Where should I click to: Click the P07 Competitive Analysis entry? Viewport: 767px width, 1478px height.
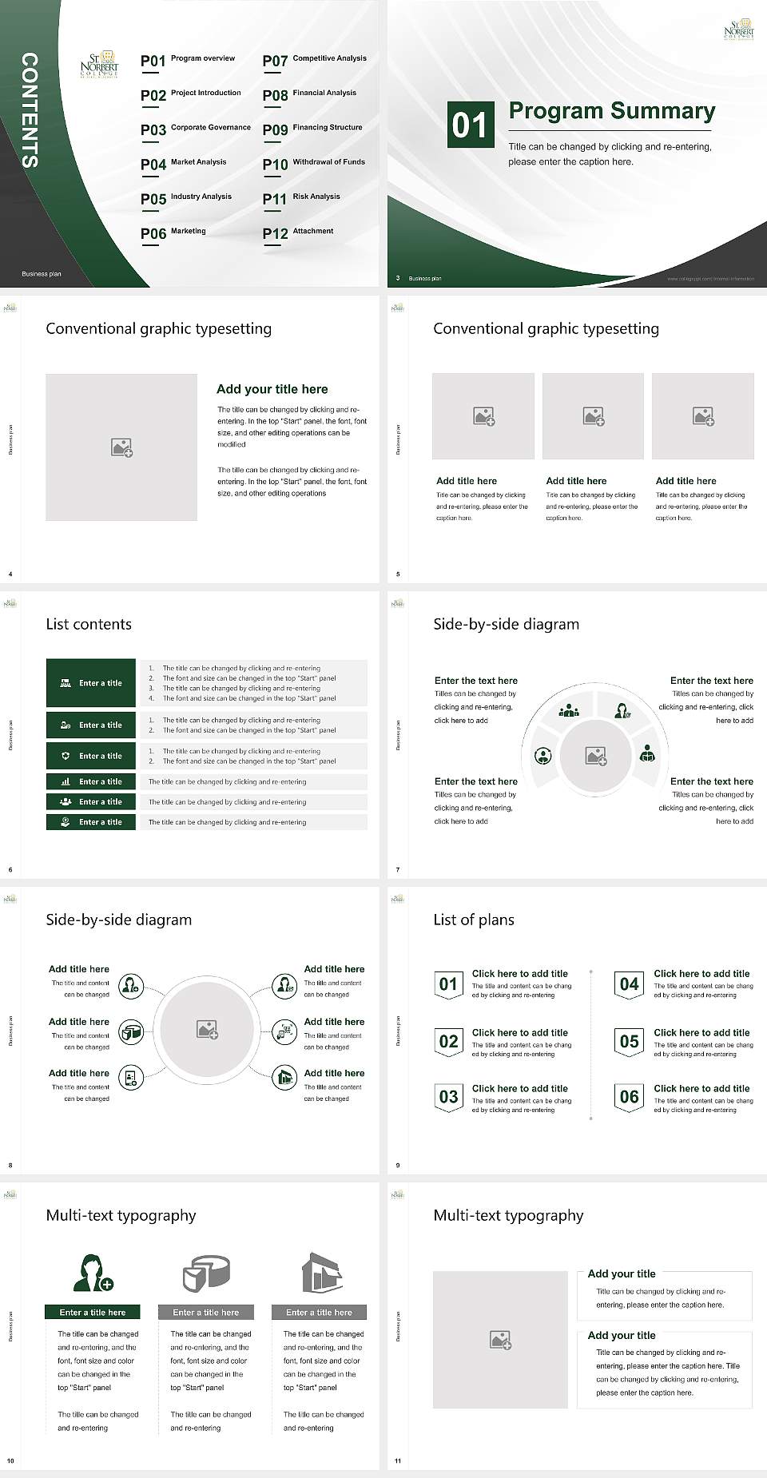(x=314, y=60)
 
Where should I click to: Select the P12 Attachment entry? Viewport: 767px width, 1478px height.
(x=298, y=232)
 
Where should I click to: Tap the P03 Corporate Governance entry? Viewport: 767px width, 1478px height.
(x=196, y=129)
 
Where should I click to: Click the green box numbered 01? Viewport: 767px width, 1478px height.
(x=469, y=125)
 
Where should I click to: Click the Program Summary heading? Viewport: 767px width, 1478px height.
(x=611, y=111)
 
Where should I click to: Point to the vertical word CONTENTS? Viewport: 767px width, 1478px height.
(x=30, y=110)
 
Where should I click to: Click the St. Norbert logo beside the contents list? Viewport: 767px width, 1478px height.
(x=100, y=66)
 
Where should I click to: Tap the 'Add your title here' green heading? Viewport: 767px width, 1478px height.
(x=272, y=389)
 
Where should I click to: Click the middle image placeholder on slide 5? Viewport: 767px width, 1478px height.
(x=593, y=415)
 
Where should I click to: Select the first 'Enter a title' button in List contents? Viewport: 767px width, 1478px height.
(x=91, y=683)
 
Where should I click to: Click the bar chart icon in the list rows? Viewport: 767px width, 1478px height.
(x=66, y=781)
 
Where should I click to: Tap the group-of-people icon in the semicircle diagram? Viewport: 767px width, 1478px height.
(x=569, y=710)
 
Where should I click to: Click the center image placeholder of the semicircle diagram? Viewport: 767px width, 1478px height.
(x=595, y=756)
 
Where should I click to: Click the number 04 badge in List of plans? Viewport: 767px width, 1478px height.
(x=630, y=985)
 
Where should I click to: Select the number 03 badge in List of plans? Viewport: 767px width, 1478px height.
(x=448, y=1097)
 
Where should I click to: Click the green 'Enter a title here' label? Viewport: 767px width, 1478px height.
(x=93, y=1312)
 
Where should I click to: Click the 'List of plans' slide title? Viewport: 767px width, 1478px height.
(x=474, y=920)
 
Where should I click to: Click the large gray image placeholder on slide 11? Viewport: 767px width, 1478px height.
(x=500, y=1340)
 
